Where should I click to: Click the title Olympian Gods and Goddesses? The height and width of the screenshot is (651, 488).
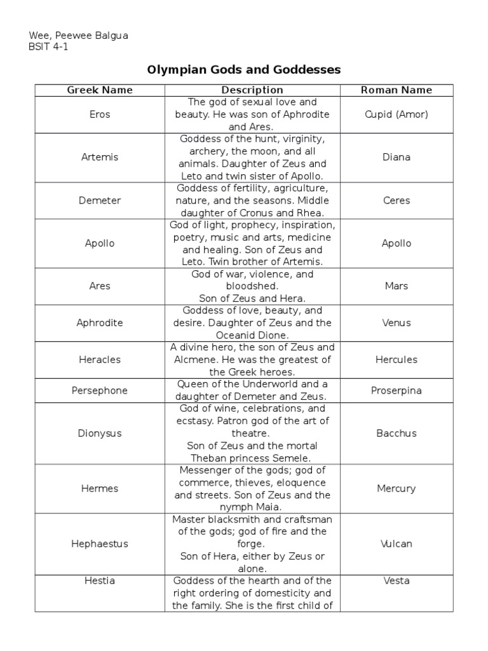point(244,69)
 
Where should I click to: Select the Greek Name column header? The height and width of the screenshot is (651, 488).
point(100,90)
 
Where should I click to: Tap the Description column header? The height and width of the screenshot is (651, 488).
point(252,90)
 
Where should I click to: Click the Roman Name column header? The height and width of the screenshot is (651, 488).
point(396,90)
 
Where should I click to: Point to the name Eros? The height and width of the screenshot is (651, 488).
point(100,114)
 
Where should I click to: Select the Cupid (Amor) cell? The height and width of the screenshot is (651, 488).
point(396,114)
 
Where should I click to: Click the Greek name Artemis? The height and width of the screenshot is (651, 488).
point(100,157)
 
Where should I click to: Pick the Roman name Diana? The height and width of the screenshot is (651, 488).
point(396,157)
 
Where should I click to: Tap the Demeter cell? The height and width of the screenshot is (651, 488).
point(100,200)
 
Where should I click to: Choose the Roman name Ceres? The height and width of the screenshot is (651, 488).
point(396,200)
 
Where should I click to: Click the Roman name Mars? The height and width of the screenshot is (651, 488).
point(396,286)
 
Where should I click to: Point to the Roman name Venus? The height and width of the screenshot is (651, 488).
point(396,323)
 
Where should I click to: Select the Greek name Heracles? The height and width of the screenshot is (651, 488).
point(100,360)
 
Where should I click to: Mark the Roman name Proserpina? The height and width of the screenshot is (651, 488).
point(396,390)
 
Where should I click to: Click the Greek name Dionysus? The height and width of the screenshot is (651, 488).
point(100,434)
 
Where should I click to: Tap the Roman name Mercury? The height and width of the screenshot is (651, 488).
point(396,489)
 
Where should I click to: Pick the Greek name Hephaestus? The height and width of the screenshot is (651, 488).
point(100,544)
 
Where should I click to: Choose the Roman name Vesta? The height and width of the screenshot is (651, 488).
point(396,580)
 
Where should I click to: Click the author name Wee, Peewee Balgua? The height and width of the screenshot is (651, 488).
point(79,36)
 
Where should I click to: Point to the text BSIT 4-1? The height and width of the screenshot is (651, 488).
point(48,47)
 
